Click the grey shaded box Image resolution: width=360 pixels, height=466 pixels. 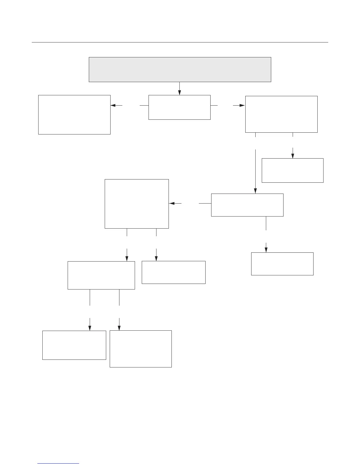point(180,69)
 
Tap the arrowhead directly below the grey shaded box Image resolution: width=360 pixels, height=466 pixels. point(179,93)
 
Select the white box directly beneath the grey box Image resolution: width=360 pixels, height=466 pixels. point(179,107)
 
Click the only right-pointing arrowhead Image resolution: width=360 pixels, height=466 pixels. point(242,105)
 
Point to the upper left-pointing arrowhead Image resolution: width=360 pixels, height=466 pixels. point(113,105)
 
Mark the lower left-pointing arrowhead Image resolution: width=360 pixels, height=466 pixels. point(172,203)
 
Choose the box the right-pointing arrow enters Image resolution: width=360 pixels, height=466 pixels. point(281,114)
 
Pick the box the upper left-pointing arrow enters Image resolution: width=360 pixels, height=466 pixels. point(74,114)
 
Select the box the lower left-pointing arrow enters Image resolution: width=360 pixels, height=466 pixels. point(137,204)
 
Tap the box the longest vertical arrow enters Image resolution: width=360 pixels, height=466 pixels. point(247,205)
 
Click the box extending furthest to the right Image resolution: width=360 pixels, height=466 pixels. point(292,170)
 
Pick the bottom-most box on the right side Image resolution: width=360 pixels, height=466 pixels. point(282,264)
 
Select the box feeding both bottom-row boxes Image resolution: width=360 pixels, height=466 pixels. point(101,275)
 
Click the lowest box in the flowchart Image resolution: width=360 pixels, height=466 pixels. point(141,349)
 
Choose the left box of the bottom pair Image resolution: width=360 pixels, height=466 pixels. point(74,345)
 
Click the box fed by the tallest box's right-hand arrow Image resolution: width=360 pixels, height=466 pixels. point(174,272)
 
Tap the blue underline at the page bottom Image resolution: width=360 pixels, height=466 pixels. point(59,464)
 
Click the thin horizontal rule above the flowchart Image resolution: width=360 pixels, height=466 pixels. point(180,42)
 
